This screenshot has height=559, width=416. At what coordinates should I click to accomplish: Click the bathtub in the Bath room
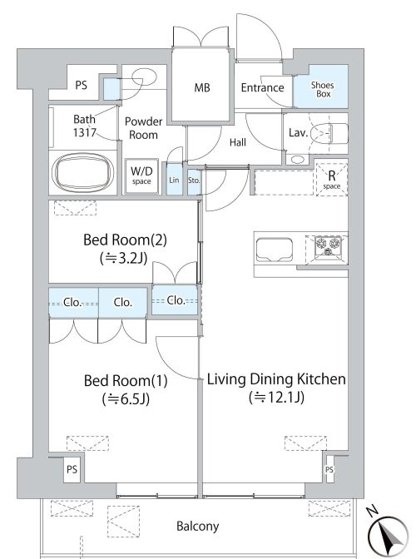coord(82,172)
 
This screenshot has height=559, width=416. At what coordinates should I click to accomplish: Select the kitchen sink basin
coord(274,250)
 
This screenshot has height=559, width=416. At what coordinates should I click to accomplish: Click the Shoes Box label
coord(322,90)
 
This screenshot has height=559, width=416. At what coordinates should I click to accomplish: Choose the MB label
coord(202,87)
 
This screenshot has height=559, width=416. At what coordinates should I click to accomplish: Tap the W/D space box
coord(141,176)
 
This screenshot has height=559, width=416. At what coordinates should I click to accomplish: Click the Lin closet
coord(174,180)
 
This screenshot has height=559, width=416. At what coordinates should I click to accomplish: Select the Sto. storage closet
coord(194,181)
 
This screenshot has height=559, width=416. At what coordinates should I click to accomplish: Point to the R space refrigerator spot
coord(331,180)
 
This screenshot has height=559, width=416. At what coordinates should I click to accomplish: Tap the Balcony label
coord(198,526)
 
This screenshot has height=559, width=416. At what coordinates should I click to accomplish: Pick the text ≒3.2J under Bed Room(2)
coord(124,257)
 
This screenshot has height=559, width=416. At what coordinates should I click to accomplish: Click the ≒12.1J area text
coord(276,397)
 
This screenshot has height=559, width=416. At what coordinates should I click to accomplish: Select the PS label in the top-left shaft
coord(82,85)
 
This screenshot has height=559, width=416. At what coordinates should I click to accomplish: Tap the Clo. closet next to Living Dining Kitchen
coord(175,300)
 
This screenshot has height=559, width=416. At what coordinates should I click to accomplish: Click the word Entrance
coord(263,87)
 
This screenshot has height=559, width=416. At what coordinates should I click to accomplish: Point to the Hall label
coord(238,142)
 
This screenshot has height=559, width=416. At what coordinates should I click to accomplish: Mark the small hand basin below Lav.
coord(297,160)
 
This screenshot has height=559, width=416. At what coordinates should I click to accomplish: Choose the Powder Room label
coord(144,128)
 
